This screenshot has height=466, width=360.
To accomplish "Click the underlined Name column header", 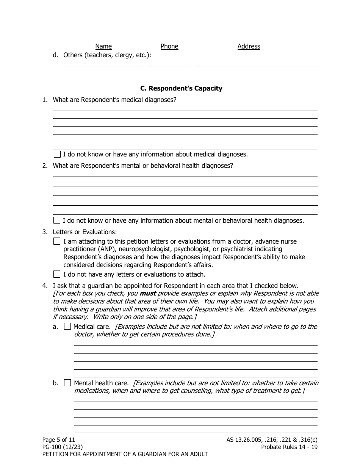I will [103, 46].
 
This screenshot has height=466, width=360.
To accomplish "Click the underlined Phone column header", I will [169, 46].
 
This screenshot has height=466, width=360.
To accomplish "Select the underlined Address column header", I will [249, 46].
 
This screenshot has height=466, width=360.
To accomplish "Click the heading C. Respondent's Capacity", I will [181, 88].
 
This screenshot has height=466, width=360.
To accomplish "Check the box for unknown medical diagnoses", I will [57, 154].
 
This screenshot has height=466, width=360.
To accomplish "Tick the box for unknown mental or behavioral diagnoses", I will [57, 220].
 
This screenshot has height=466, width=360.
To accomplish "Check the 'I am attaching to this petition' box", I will [57, 241].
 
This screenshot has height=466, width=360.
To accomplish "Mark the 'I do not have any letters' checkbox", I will [57, 274].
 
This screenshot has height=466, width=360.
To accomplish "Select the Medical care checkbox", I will [67, 327].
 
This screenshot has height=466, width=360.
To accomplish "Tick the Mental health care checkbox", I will [67, 383].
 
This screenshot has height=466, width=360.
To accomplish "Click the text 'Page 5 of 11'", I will [59, 440].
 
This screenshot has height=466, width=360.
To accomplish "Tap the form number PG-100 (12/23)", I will [63, 447].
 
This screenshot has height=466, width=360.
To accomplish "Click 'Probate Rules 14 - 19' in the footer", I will [289, 447].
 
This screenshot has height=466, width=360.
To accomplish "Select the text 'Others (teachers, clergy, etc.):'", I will [107, 55].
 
